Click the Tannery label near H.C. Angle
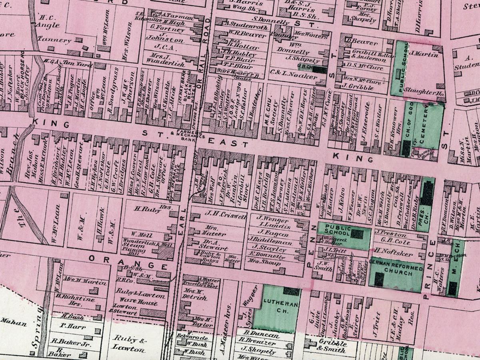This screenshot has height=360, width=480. pyautogui.click(x=55, y=40)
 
